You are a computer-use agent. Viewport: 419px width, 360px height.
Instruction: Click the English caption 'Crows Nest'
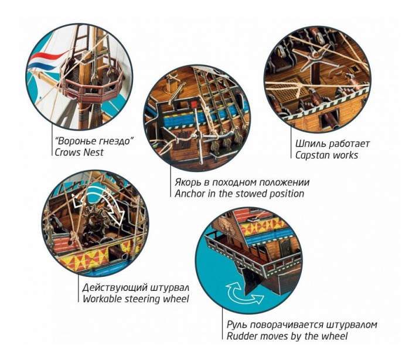pyautogui.click(x=79, y=152)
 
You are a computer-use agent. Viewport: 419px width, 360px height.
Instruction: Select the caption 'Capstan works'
pyautogui.click(x=326, y=155)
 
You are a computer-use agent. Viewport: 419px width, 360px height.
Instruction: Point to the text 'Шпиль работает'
pyautogui.click(x=332, y=144)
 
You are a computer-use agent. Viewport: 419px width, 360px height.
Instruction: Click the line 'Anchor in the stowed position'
pyautogui.click(x=240, y=194)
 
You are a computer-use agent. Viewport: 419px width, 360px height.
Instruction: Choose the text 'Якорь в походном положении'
pyautogui.click(x=242, y=182)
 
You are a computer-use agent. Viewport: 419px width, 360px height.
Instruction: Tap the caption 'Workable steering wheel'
pyautogui.click(x=136, y=299)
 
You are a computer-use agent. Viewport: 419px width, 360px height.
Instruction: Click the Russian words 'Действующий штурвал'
pyautogui.click(x=136, y=287)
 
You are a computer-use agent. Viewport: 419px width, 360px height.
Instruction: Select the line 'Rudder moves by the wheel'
pyautogui.click(x=287, y=336)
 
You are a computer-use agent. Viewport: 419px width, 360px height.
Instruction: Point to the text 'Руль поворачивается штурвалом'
pyautogui.click(x=302, y=325)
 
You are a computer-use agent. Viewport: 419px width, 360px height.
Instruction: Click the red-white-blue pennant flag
pyautogui.click(x=46, y=60)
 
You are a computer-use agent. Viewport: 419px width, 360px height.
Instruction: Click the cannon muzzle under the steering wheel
pyautogui.click(x=124, y=257)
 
